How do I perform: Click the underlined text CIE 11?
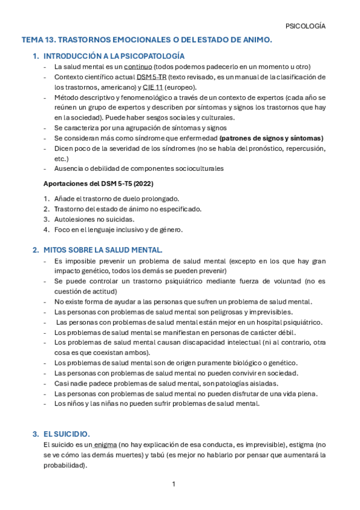(154, 87)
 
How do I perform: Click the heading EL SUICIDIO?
(66, 434)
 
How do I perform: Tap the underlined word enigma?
(105, 444)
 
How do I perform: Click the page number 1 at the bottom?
(173, 484)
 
